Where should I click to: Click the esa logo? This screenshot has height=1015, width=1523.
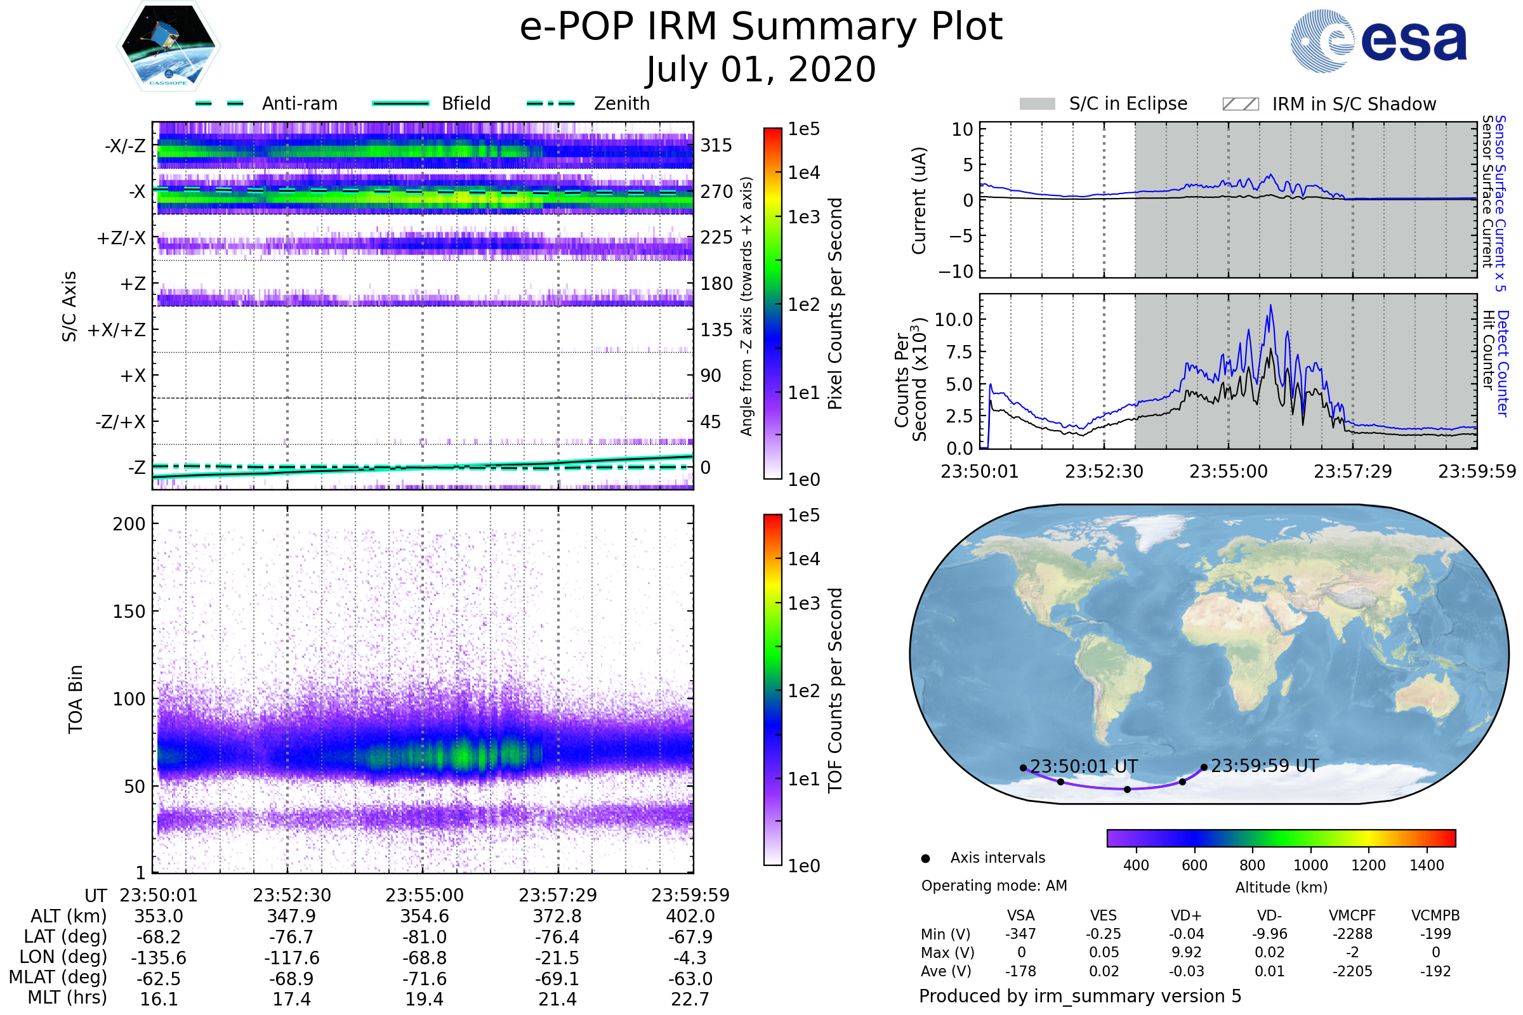[1378, 41]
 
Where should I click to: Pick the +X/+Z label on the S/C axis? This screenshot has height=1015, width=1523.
[117, 330]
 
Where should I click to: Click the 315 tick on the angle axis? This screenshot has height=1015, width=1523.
[716, 145]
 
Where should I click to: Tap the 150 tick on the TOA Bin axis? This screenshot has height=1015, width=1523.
[129, 612]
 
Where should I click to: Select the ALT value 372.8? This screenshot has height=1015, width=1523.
[557, 917]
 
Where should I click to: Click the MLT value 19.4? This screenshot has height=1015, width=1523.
[424, 999]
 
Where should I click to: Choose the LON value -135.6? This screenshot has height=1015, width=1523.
[159, 957]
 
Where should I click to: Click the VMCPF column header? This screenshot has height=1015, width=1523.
[1352, 915]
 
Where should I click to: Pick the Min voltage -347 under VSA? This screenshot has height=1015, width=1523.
[1020, 933]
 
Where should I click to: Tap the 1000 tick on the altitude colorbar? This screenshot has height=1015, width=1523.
[1310, 865]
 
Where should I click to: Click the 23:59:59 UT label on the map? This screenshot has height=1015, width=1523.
[1264, 766]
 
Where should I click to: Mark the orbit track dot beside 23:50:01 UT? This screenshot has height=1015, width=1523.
[1023, 768]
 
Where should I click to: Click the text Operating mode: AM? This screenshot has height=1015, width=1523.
[994, 886]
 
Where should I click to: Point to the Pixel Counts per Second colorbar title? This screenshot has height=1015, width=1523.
[835, 303]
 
